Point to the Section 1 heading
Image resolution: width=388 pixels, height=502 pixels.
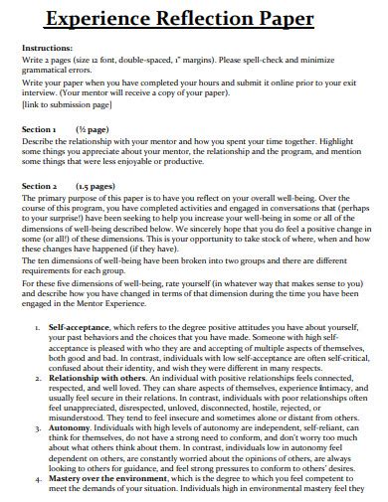(x=40, y=129)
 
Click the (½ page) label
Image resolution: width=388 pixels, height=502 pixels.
(x=93, y=129)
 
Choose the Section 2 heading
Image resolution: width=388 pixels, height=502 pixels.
(x=41, y=186)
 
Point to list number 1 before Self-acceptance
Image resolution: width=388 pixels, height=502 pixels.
(x=36, y=327)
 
